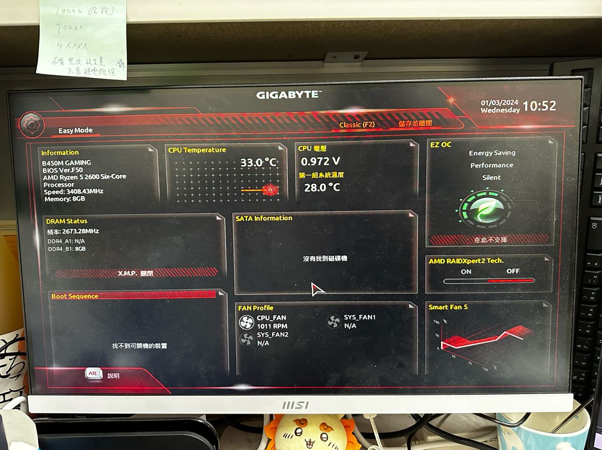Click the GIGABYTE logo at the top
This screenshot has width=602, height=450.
tap(288, 95)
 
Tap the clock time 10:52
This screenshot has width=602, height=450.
tap(539, 106)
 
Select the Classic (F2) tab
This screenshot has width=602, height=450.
tap(357, 125)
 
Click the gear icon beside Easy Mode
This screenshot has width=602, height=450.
tap(32, 125)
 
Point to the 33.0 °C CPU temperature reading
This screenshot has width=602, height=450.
tap(258, 163)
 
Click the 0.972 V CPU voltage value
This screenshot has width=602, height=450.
tap(320, 162)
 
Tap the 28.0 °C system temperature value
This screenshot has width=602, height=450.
tap(322, 188)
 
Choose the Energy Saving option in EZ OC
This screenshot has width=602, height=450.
tap(492, 153)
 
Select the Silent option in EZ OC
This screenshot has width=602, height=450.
tap(491, 178)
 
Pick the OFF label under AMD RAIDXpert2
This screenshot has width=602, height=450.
tap(513, 271)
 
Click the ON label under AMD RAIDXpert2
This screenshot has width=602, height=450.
tap(466, 272)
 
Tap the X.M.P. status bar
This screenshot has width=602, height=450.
tap(135, 273)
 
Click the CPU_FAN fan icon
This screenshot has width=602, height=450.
tap(246, 322)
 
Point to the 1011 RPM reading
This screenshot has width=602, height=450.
tap(272, 326)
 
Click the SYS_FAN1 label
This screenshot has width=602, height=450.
tap(360, 317)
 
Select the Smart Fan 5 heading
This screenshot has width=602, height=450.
tap(448, 307)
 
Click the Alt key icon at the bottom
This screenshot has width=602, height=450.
tap(93, 374)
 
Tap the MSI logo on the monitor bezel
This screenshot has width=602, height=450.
tap(295, 405)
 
